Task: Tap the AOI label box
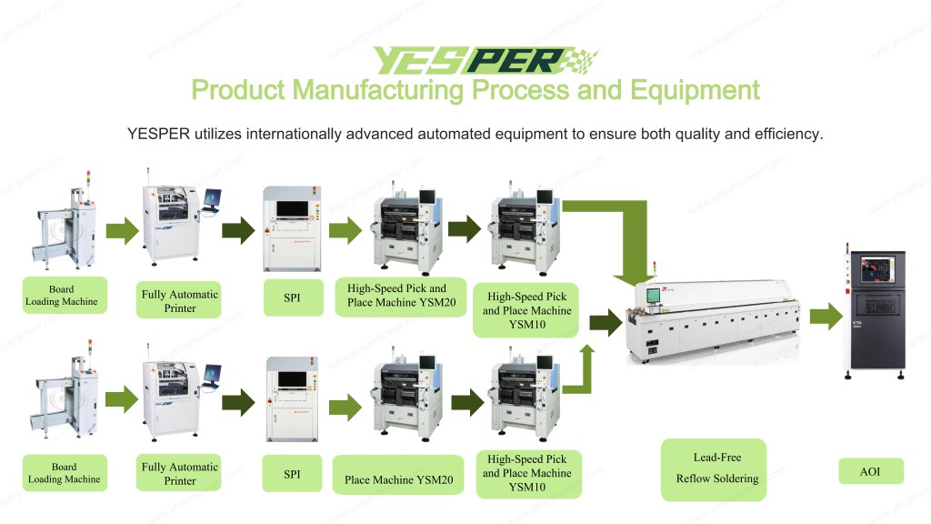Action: coord(869,471)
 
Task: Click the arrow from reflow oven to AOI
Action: coord(826,317)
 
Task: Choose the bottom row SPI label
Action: coord(292,474)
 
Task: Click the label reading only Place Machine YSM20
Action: coord(400,479)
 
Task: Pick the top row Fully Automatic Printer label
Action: coord(179,300)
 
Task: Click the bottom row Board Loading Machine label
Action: coord(64,473)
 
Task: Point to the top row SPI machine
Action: coord(292,227)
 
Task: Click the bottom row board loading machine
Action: coord(64,400)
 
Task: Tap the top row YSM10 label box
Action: coord(527,310)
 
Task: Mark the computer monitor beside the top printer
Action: coord(213,196)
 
